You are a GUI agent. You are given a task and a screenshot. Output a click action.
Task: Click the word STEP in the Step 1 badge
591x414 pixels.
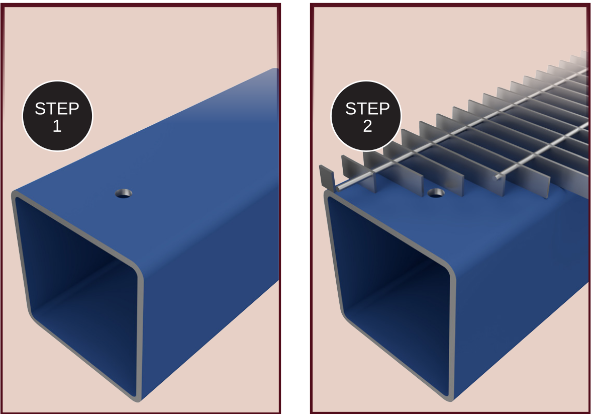click(x=57, y=109)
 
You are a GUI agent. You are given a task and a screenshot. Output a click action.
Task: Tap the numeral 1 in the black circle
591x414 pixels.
click(x=57, y=126)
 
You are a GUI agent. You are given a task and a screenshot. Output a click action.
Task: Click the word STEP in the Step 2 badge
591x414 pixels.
click(x=367, y=109)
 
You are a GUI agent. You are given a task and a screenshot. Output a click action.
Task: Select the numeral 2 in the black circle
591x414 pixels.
click(x=367, y=126)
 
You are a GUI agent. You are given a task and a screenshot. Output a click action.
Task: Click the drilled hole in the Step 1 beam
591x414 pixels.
click(x=124, y=194)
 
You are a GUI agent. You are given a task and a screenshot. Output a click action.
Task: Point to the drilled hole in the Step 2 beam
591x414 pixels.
click(x=436, y=193)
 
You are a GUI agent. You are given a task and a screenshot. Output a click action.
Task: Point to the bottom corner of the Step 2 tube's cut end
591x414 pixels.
click(x=450, y=399)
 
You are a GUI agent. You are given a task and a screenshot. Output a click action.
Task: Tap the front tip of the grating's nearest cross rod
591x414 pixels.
click(x=338, y=188)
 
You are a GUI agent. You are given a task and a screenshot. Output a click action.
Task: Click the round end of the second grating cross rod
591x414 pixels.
click(x=498, y=177)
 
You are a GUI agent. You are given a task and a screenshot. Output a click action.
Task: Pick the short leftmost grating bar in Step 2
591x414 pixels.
click(x=327, y=178)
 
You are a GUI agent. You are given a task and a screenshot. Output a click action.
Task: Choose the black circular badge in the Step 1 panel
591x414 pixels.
click(x=57, y=116)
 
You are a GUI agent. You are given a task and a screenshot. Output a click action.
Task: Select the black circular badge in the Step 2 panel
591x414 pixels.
click(x=366, y=116)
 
